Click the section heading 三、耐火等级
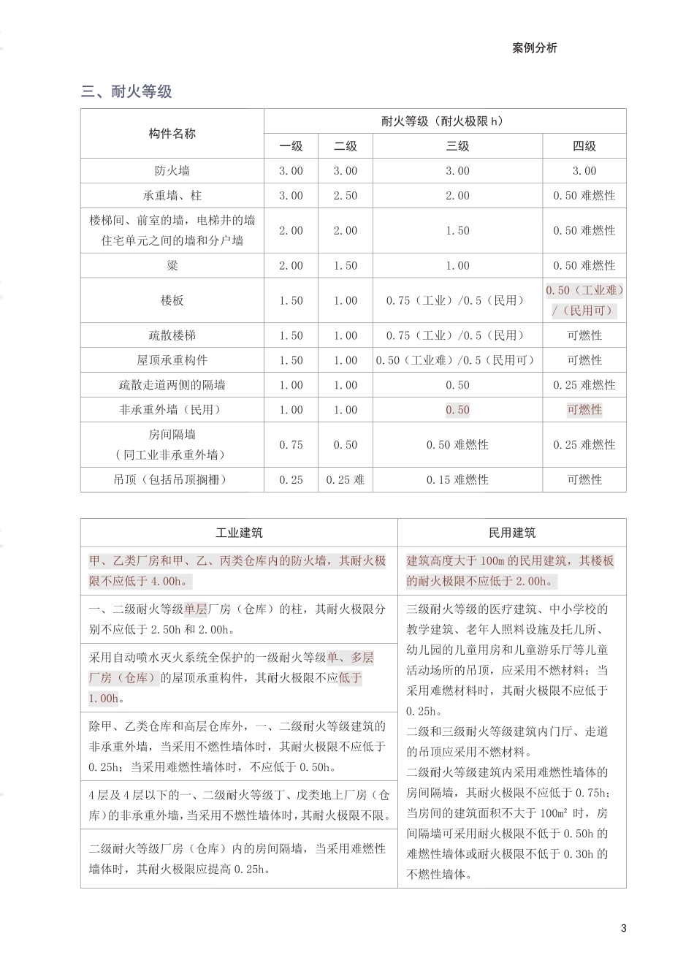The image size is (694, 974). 126,91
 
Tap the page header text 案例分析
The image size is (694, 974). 534,48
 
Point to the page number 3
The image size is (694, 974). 623,929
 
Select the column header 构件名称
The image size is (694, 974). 172,134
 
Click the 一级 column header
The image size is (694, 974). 291,146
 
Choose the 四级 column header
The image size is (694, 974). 584,146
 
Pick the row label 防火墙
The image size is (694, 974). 172,171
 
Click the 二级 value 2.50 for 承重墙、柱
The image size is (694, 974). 346,196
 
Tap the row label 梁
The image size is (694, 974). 172,266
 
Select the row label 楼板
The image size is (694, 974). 172,300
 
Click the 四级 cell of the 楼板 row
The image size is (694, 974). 584,300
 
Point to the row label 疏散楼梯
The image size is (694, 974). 172,335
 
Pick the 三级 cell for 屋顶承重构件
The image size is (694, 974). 457,360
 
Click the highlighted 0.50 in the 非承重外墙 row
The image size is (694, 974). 457,410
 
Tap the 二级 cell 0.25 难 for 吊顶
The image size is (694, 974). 346,480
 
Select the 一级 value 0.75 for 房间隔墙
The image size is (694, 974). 291,445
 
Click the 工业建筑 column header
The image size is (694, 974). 239,533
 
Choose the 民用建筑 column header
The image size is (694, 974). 511,533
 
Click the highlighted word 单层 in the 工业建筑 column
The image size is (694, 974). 195,609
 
